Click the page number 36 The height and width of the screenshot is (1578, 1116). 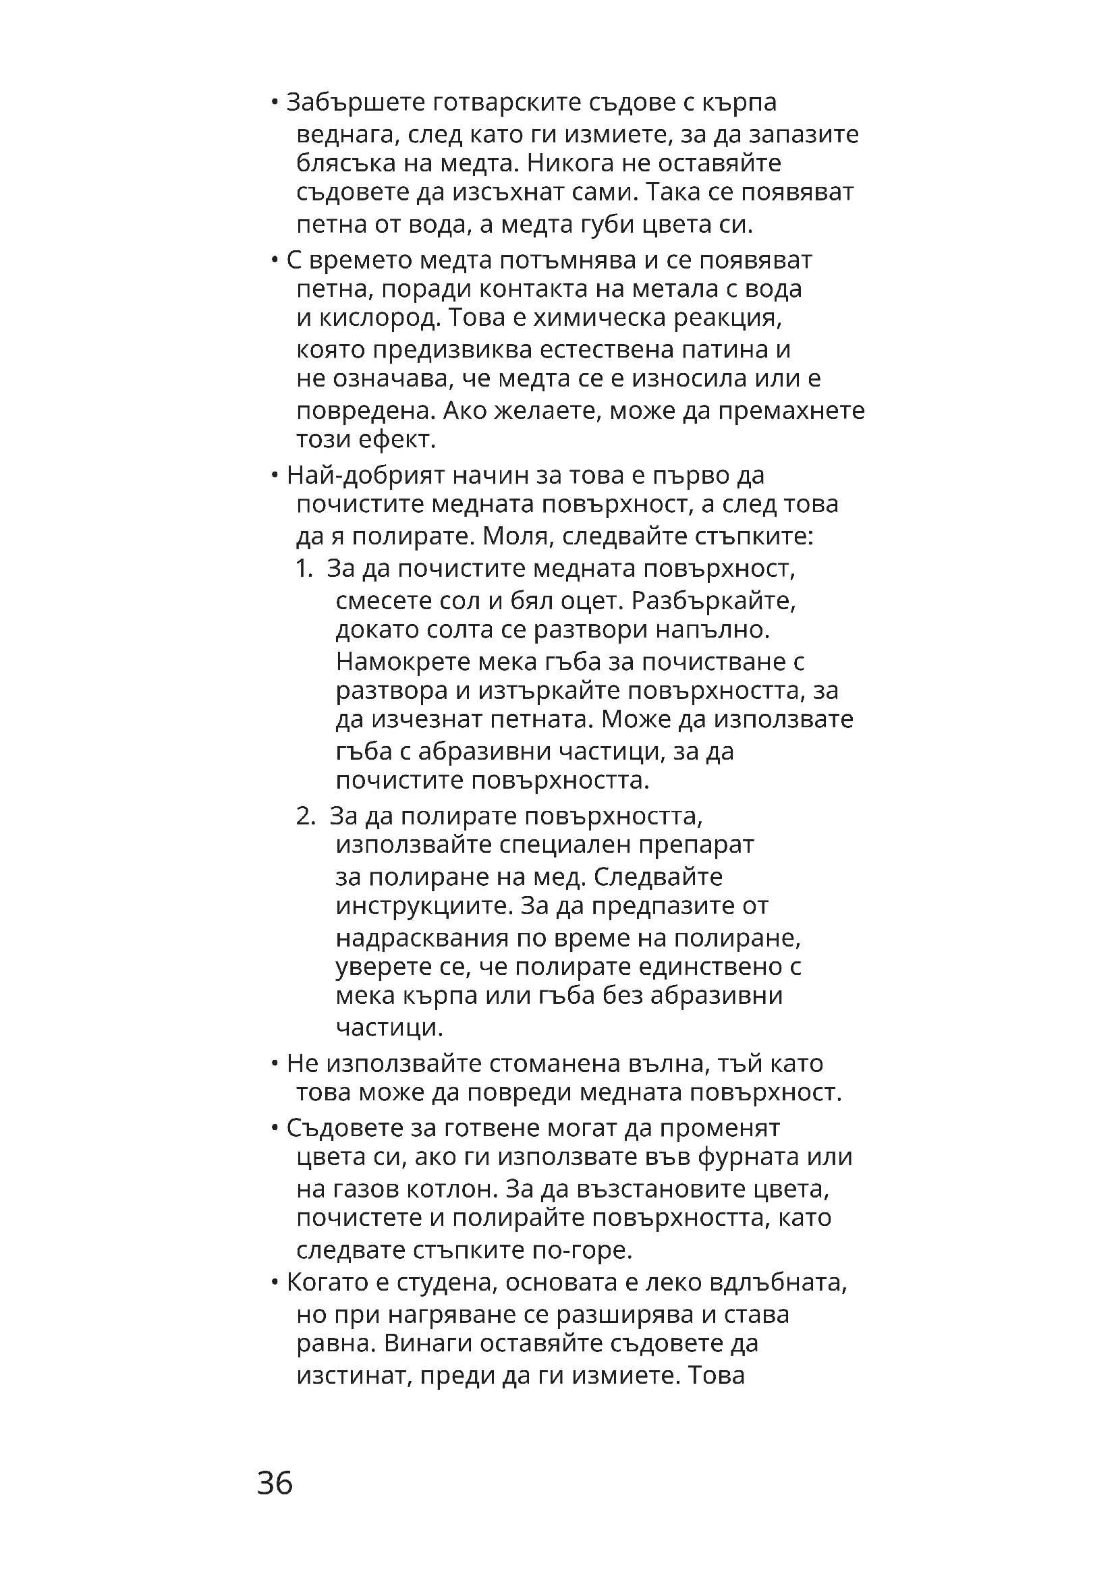275,1482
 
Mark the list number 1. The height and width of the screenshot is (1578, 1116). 303,569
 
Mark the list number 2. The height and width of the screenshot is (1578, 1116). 304,816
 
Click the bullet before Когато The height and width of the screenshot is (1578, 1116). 274,1283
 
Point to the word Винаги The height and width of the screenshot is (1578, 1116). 427,1343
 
